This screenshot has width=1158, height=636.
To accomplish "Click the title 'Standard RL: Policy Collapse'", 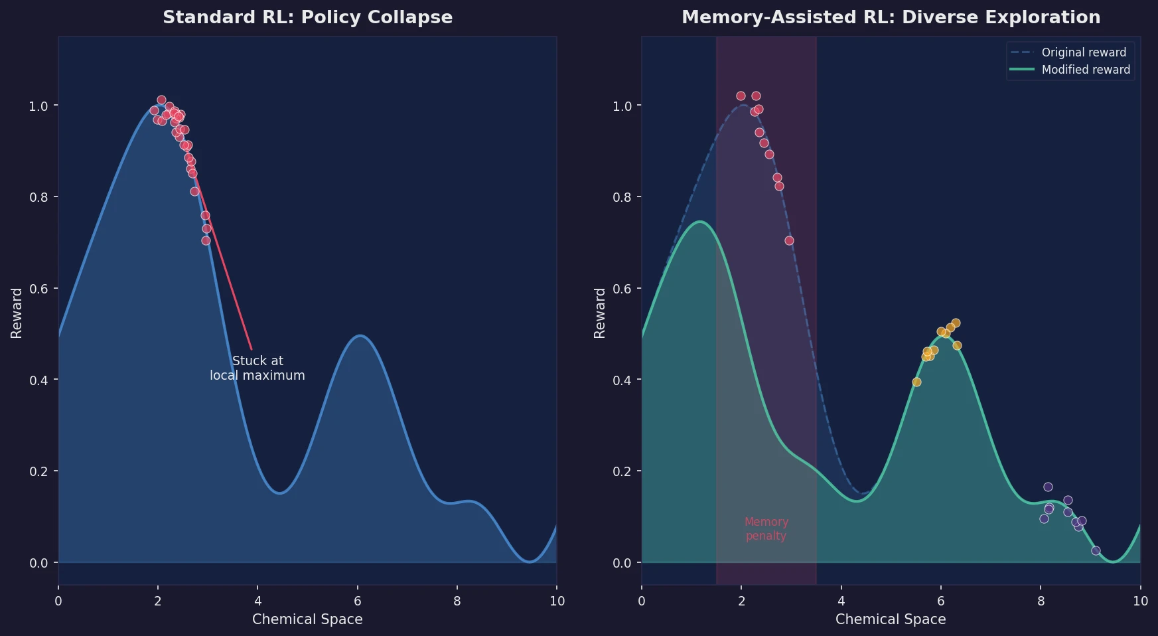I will pyautogui.click(x=307, y=17).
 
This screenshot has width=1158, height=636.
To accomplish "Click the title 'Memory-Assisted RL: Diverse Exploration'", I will pyautogui.click(x=891, y=17).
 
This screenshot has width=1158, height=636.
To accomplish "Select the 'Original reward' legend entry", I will pyautogui.click(x=1083, y=52).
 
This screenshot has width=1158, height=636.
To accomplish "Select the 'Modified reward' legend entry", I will pyautogui.click(x=1085, y=70).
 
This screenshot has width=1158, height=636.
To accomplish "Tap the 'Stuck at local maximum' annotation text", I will pyautogui.click(x=257, y=368).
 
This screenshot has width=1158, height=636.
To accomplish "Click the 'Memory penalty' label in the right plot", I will pyautogui.click(x=766, y=528).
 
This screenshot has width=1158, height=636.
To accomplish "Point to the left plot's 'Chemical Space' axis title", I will pyautogui.click(x=307, y=619).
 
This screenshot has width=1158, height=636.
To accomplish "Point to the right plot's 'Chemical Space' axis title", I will pyautogui.click(x=891, y=619).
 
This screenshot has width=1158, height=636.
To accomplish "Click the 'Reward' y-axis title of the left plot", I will pyautogui.click(x=17, y=313).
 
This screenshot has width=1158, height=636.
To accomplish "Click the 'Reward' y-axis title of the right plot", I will pyautogui.click(x=600, y=313).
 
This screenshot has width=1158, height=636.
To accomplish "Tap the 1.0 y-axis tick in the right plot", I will pyautogui.click(x=622, y=106).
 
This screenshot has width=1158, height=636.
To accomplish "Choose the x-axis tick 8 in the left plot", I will pyautogui.click(x=457, y=601).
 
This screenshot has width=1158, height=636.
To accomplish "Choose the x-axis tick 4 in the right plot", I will pyautogui.click(x=841, y=601).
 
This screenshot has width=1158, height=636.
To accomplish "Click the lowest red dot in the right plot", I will pyautogui.click(x=789, y=240).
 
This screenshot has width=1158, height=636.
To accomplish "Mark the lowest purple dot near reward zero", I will pyautogui.click(x=1096, y=550).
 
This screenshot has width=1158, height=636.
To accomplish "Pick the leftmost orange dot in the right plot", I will pyautogui.click(x=916, y=382).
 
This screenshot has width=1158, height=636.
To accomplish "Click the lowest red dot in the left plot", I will pyautogui.click(x=206, y=240).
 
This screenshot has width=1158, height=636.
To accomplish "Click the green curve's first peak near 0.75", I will pyautogui.click(x=699, y=222).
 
